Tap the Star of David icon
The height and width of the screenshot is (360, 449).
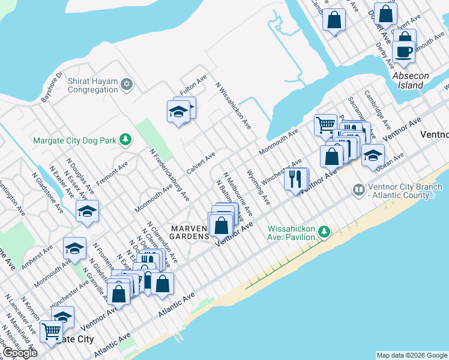click(x=126, y=85)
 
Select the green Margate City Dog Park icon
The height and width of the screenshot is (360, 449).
click(x=125, y=140)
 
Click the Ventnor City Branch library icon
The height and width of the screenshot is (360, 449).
click(x=359, y=190)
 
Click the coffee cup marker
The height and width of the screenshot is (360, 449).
click(x=405, y=52)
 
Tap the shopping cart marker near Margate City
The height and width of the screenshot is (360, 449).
click(x=52, y=329)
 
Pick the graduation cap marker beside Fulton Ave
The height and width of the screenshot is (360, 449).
click(x=178, y=112)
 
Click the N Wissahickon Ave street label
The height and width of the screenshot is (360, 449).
click(x=234, y=106)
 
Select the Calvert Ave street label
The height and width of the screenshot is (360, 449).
click(x=200, y=163)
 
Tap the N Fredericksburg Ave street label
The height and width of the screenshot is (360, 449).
click(x=170, y=175)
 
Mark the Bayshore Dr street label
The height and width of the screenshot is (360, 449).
click(x=51, y=88)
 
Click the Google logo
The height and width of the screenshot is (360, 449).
click(x=20, y=353)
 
